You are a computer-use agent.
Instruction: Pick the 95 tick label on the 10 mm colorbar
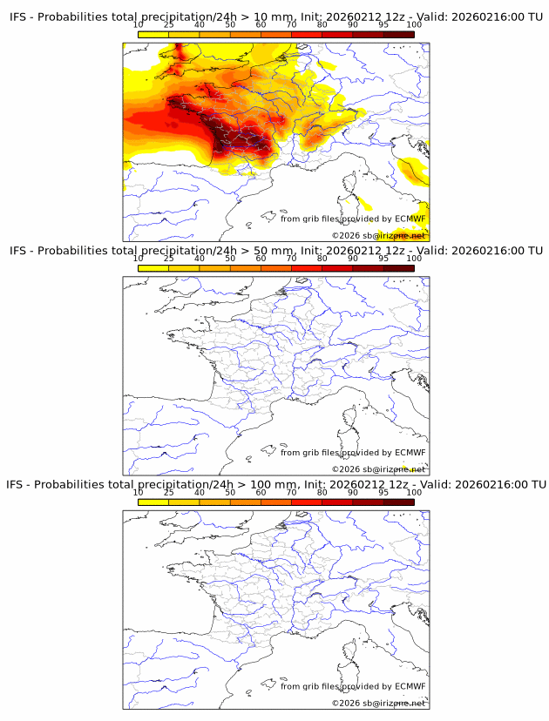(x=383, y=26)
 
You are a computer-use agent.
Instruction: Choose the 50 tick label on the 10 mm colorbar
(x=230, y=26)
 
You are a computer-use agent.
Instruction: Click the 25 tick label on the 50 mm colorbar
(x=169, y=259)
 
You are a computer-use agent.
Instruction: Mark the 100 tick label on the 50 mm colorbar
(x=414, y=259)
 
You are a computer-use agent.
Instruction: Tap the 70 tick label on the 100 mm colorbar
(x=292, y=492)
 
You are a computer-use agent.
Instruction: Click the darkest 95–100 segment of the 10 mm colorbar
(x=398, y=35)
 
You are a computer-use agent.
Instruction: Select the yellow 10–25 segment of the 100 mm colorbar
(x=153, y=502)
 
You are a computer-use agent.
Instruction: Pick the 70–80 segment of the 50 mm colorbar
(x=307, y=268)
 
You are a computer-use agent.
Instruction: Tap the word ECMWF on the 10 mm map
(x=410, y=219)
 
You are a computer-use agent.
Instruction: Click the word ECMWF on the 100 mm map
(x=410, y=686)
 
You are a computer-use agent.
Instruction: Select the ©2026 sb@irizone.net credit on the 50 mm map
(x=378, y=469)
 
